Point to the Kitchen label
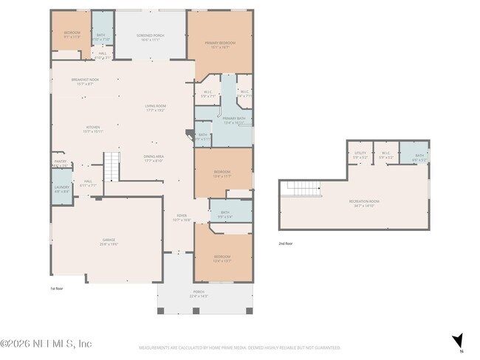pos(92,128)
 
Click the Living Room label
pos(155,108)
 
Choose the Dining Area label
pos(153,158)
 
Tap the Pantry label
pos(60,163)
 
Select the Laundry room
pos(62,189)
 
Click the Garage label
pos(109,241)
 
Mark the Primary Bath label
pos(233,120)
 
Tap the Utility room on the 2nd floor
pos(360,155)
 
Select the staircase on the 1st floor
pos(111,166)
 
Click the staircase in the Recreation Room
pos(304,189)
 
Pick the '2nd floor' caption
pos(286,243)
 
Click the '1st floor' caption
pos(58,288)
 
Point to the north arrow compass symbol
pos(458,340)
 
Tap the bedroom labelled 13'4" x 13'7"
pos(223,258)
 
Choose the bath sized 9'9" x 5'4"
pos(226,214)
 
